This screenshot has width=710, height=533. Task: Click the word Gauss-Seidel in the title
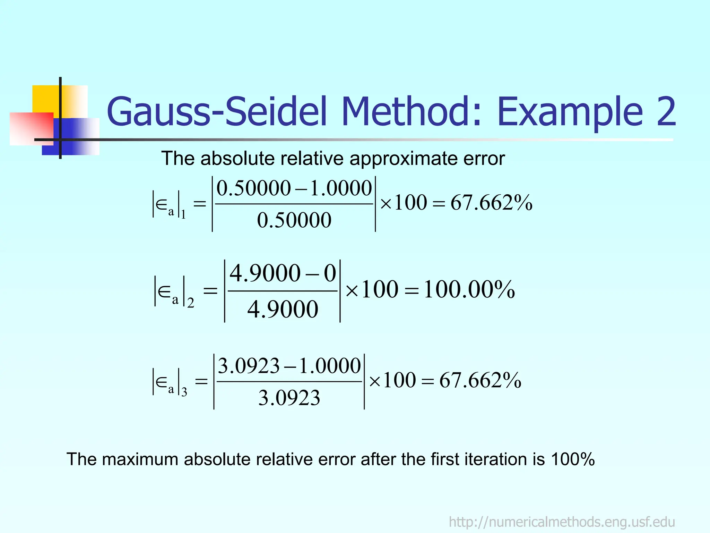[x=217, y=112]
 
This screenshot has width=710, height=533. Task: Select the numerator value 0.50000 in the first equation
[x=253, y=188]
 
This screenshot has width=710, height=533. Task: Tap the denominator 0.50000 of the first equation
[x=294, y=220]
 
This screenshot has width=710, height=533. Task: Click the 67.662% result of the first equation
[x=491, y=203]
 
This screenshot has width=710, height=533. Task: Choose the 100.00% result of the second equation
[x=469, y=289]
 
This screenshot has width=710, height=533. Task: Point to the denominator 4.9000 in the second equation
[x=283, y=309]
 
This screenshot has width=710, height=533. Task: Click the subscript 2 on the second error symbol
[x=190, y=303]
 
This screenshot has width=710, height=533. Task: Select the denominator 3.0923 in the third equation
[x=289, y=398]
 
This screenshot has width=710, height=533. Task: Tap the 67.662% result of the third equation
[x=480, y=380]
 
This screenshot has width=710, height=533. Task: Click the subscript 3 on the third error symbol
[x=184, y=392]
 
